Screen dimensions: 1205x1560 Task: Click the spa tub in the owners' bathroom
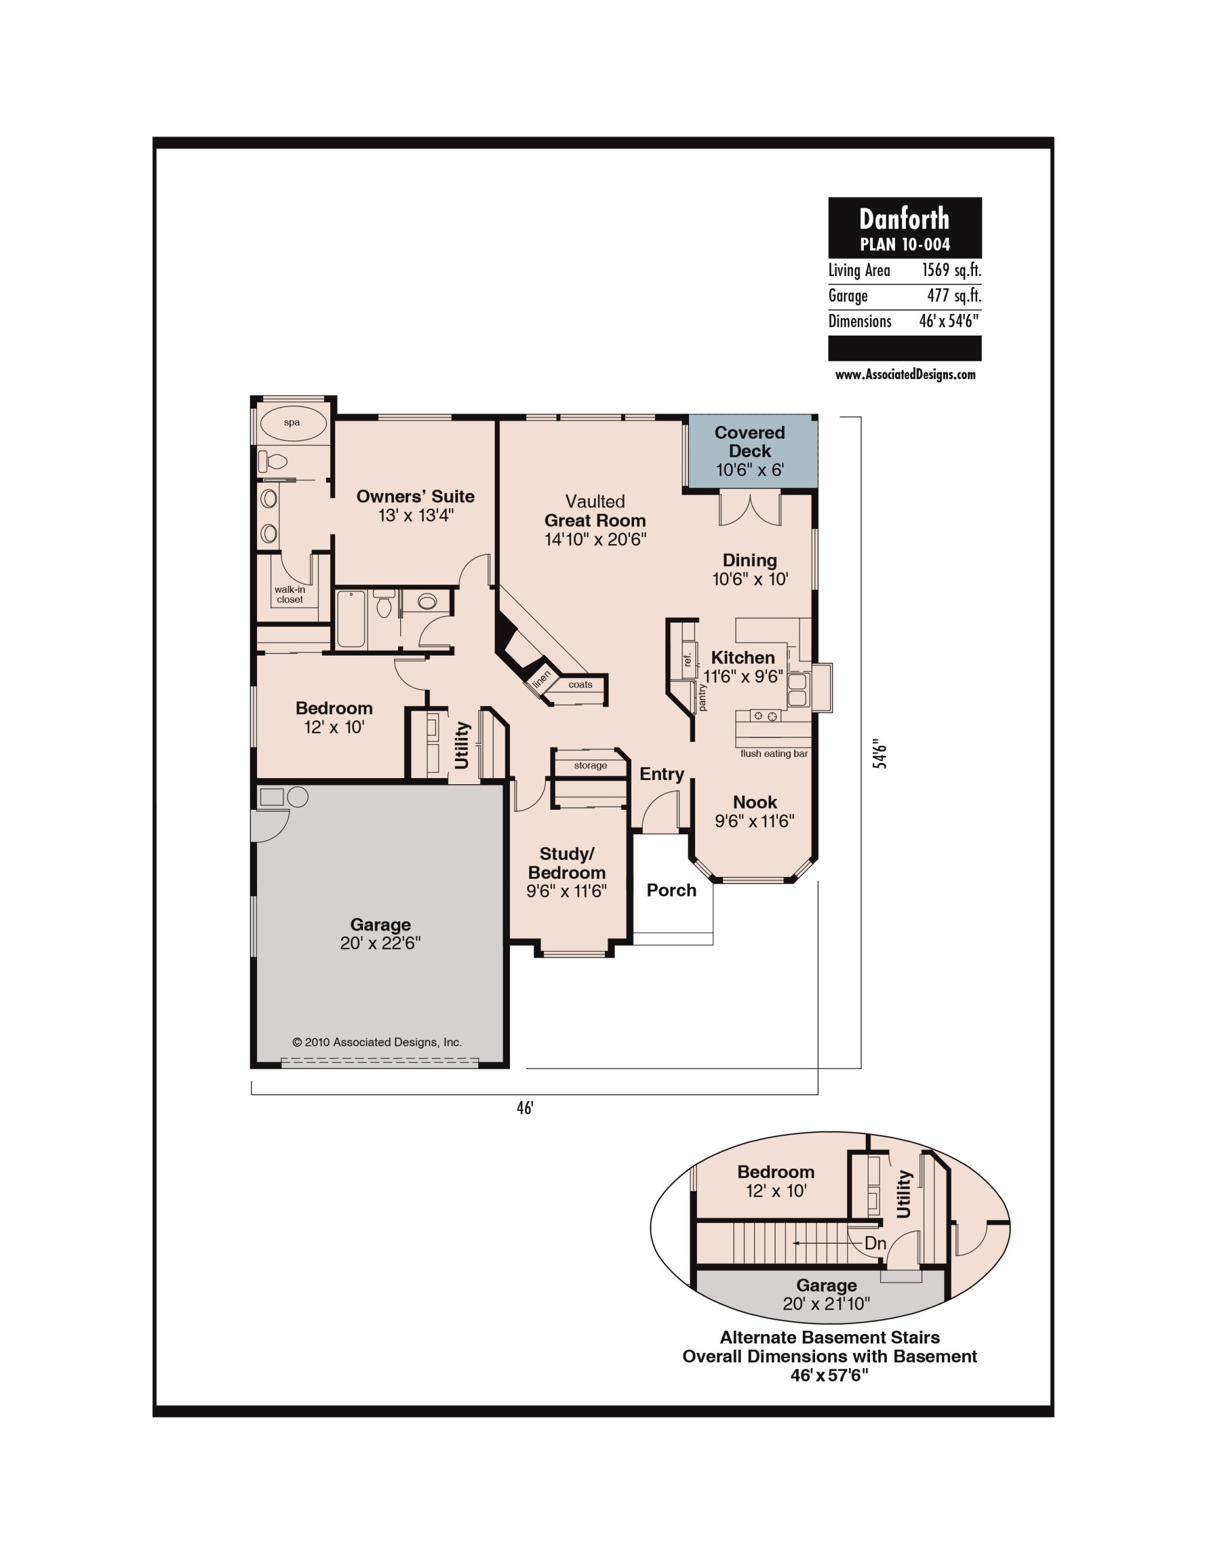pyautogui.click(x=292, y=423)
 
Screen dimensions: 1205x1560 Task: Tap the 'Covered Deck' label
pyautogui.click(x=749, y=441)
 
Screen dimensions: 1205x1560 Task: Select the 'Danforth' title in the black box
pyautogui.click(x=904, y=218)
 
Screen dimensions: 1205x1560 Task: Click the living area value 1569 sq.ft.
pyautogui.click(x=952, y=270)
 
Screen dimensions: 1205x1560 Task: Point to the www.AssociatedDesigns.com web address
pyautogui.click(x=905, y=374)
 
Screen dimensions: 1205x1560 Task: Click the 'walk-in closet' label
pyautogui.click(x=290, y=594)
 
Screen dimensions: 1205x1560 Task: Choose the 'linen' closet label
pyautogui.click(x=542, y=679)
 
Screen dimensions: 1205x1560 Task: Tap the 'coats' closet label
pyautogui.click(x=580, y=684)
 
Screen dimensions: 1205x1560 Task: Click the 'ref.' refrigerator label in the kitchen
pyautogui.click(x=687, y=659)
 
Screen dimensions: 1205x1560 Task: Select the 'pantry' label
pyautogui.click(x=702, y=697)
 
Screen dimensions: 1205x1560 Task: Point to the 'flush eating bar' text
pyautogui.click(x=774, y=754)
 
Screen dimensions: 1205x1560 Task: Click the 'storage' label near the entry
pyautogui.click(x=591, y=766)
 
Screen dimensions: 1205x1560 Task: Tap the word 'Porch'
pyautogui.click(x=671, y=890)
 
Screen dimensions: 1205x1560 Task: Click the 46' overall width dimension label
pyautogui.click(x=525, y=1108)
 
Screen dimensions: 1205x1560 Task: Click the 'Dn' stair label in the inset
pyautogui.click(x=875, y=1243)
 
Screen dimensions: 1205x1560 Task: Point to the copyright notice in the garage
pyautogui.click(x=377, y=1042)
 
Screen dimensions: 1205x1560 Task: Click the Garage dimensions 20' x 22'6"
pyautogui.click(x=380, y=943)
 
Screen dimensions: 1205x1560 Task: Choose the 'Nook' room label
pyautogui.click(x=754, y=802)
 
